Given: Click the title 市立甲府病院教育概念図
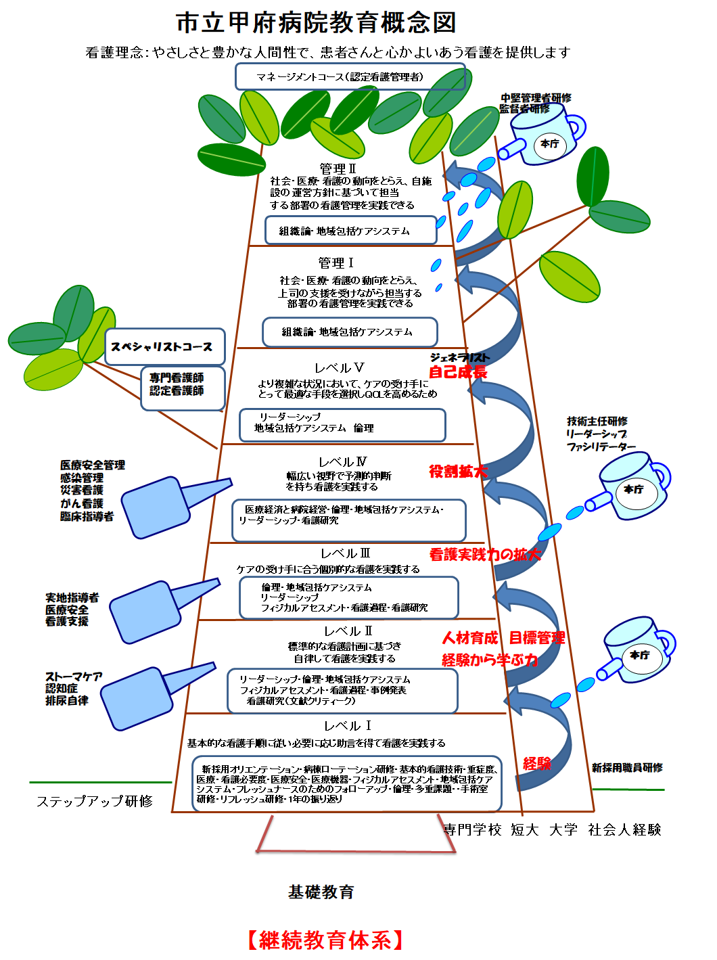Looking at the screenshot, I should (x=316, y=23).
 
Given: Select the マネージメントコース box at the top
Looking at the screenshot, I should (x=350, y=76).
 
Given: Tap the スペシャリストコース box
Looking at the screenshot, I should (x=162, y=347).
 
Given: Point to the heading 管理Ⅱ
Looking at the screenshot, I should (x=338, y=168).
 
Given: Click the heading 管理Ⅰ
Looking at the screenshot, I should (x=336, y=262).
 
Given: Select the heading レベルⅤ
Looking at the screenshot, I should (x=340, y=368).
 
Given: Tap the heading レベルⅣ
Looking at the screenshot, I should (x=342, y=462).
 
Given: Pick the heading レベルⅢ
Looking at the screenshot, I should (x=345, y=553).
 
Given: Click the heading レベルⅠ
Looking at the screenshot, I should (x=348, y=726).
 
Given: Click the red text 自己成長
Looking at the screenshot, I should (x=458, y=372).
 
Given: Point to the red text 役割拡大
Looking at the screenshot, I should (x=458, y=472).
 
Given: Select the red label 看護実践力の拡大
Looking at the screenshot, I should (x=485, y=555).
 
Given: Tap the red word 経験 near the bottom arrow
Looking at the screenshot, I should (x=537, y=764).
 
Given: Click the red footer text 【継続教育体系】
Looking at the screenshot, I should (x=325, y=940).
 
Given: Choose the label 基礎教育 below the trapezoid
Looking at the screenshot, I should (x=321, y=892).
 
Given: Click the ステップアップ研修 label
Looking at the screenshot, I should (x=95, y=801).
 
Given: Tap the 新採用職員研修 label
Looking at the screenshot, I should (x=627, y=767).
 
